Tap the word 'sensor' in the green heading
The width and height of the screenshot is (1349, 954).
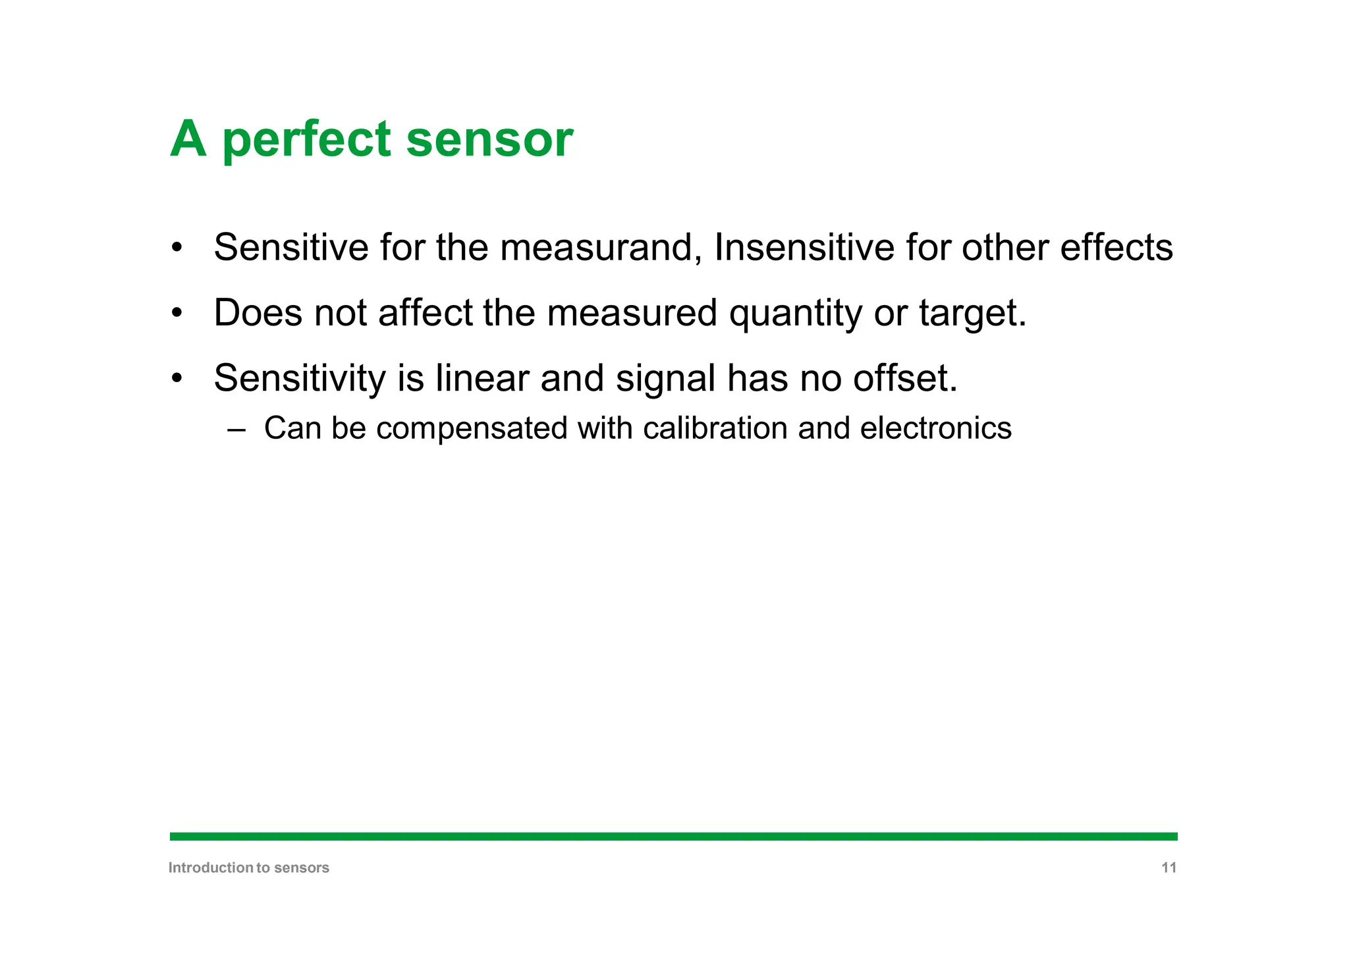(489, 140)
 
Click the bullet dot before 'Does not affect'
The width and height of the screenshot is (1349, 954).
(176, 313)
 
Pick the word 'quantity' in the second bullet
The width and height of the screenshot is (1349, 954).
(795, 314)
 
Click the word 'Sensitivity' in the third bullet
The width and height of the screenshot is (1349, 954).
(300, 379)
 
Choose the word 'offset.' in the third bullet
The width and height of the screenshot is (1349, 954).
(905, 379)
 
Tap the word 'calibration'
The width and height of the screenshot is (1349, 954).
(715, 428)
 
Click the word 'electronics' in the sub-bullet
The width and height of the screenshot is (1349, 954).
(935, 428)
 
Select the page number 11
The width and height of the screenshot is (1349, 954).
(1169, 868)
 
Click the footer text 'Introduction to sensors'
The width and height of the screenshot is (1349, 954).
(249, 868)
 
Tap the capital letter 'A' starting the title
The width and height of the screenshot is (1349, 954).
(188, 140)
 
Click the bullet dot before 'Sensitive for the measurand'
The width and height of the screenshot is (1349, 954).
(176, 248)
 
